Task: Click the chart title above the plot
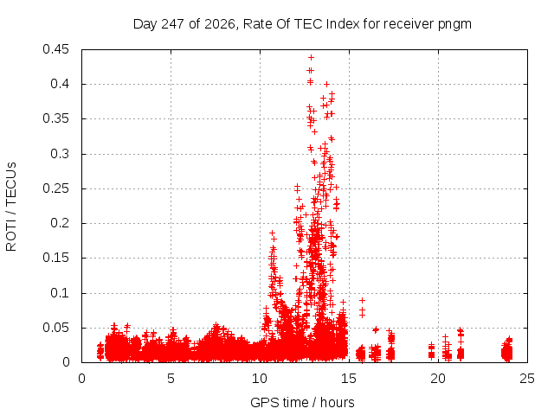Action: coord(302,24)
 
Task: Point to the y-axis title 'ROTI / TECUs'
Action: coord(11,207)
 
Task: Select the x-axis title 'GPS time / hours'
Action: coord(302,402)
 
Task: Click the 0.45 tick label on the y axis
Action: coord(55,49)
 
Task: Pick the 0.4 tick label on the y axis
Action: coord(60,84)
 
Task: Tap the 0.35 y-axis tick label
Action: coord(55,118)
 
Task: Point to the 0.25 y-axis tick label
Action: coord(55,188)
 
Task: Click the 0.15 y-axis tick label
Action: coord(55,258)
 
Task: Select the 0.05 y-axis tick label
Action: coord(55,328)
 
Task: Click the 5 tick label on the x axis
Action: coord(171,379)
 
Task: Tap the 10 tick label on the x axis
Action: coord(260,379)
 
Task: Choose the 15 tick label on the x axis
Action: coord(349,379)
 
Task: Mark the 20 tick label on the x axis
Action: coord(438,379)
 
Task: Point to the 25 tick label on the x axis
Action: coord(527,379)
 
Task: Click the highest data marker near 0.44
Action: coord(311,58)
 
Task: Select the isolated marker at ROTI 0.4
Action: coord(327,85)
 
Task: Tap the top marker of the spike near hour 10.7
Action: coord(272,233)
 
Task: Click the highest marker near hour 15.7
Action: coord(362,300)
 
